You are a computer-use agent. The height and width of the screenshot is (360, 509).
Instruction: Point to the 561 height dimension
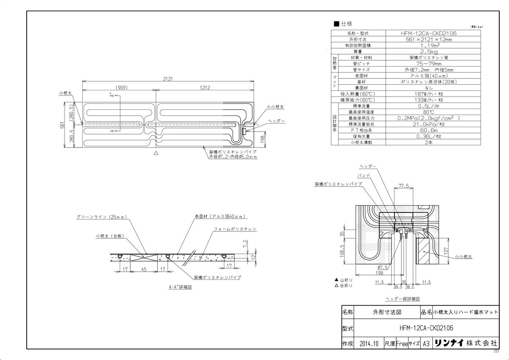click(x=62, y=125)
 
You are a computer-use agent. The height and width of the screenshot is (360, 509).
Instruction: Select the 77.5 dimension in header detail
click(x=403, y=186)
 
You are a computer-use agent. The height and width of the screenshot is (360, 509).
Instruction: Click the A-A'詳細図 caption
click(x=181, y=287)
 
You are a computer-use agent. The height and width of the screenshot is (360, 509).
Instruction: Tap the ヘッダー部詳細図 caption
click(x=402, y=299)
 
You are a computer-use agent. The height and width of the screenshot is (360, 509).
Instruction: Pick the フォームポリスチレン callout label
click(x=235, y=229)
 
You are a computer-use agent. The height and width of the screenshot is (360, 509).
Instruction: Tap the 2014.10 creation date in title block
click(x=368, y=343)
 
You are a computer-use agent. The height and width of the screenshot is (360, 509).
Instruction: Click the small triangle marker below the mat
click(x=157, y=153)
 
